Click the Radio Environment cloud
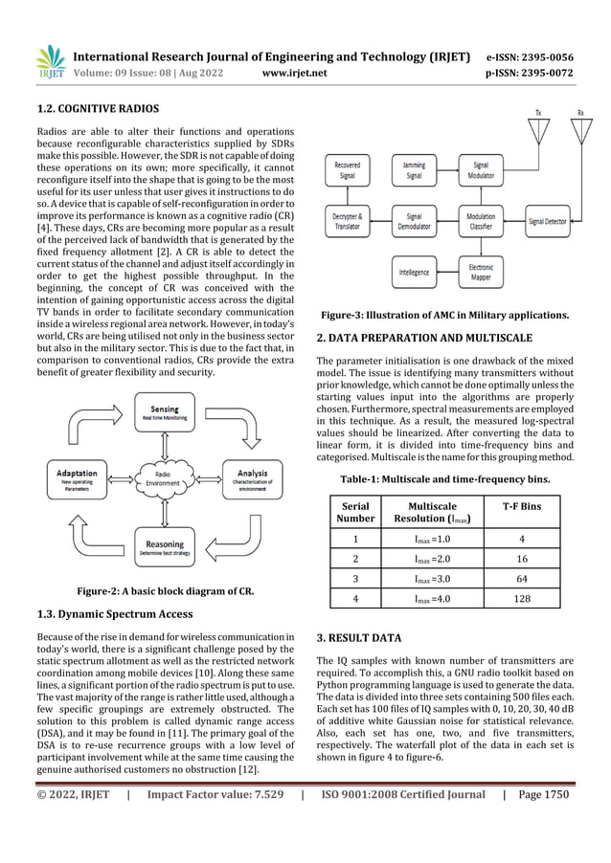pyautogui.click(x=162, y=477)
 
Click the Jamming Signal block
pyautogui.click(x=414, y=170)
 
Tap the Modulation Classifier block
pyautogui.click(x=481, y=222)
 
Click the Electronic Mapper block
pyautogui.click(x=481, y=272)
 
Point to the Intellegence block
pyautogui.click(x=414, y=272)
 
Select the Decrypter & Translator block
pyautogui.click(x=347, y=222)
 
